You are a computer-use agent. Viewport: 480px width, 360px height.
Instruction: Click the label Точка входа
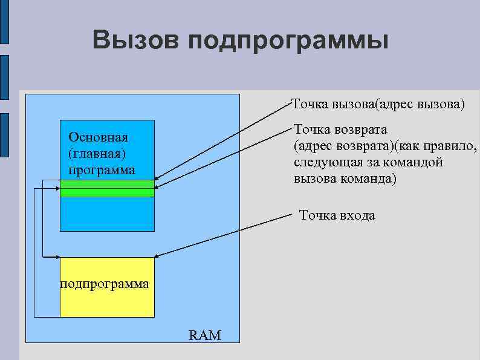[x=337, y=215]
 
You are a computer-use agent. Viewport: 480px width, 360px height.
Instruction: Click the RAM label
[x=205, y=335]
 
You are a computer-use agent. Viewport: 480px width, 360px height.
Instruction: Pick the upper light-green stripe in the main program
[x=108, y=183]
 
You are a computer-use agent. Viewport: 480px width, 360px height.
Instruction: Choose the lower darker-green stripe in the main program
[x=108, y=192]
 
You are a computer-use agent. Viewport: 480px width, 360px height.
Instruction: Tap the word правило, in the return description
[x=453, y=146]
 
